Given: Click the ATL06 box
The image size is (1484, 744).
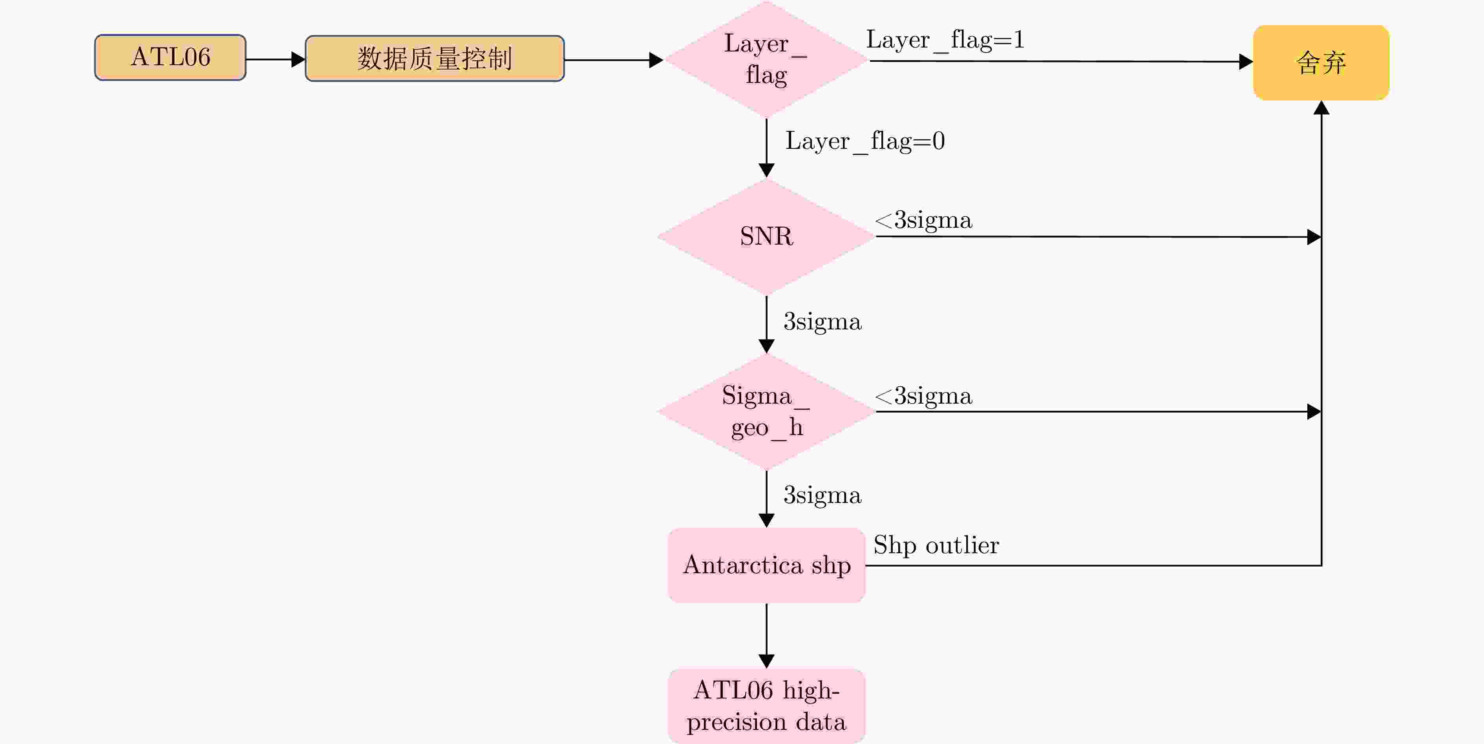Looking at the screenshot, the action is pos(170,58).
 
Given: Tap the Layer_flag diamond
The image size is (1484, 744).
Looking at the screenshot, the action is pos(766,59).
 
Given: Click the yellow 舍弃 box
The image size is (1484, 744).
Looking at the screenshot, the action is pos(1321,62).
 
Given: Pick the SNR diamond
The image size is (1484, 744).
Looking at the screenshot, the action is pos(766,236).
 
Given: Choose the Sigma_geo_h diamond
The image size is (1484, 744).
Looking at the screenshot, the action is pos(766,411).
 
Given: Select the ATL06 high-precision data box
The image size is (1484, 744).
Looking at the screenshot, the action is pos(766,706).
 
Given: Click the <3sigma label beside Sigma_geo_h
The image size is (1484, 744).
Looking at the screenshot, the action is pos(923,396).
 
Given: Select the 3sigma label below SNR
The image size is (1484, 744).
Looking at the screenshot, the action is pos(822,322).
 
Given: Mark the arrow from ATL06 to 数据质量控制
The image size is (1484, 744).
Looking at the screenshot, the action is pos(275,59).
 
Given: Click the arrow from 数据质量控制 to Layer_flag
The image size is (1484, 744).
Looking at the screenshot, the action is pos(614,59).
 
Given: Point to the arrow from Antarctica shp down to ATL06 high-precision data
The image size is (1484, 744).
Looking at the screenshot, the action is pos(766,636).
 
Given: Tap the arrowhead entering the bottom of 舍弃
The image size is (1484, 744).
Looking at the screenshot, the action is pos(1321,108).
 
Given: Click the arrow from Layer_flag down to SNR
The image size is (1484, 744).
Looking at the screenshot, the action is pos(766,148).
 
